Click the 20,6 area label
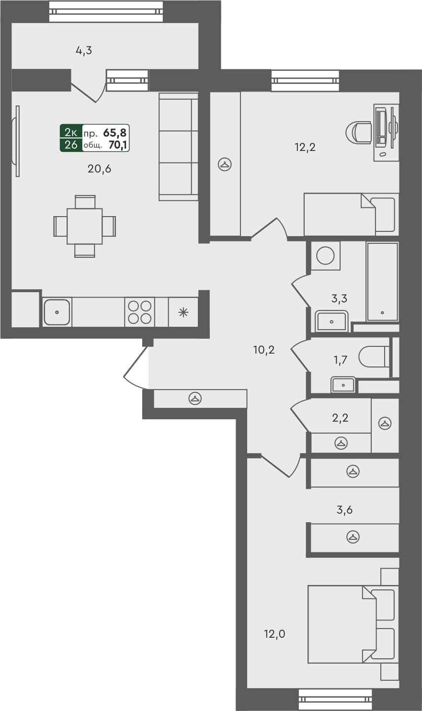click(99, 169)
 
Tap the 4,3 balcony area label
click(84, 50)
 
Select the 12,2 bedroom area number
click(305, 147)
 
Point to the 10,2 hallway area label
click(264, 350)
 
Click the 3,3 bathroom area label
click(339, 298)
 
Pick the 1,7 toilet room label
click(340, 360)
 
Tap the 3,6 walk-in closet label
click(344, 510)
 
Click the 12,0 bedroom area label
click(274, 634)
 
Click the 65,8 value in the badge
click(114, 133)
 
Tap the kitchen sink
click(57, 312)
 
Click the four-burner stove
click(140, 312)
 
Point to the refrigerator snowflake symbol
click(183, 313)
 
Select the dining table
click(85, 226)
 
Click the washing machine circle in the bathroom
click(326, 255)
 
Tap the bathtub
click(382, 281)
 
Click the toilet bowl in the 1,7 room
click(374, 357)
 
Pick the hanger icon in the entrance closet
click(195, 398)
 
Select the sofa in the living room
click(178, 147)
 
